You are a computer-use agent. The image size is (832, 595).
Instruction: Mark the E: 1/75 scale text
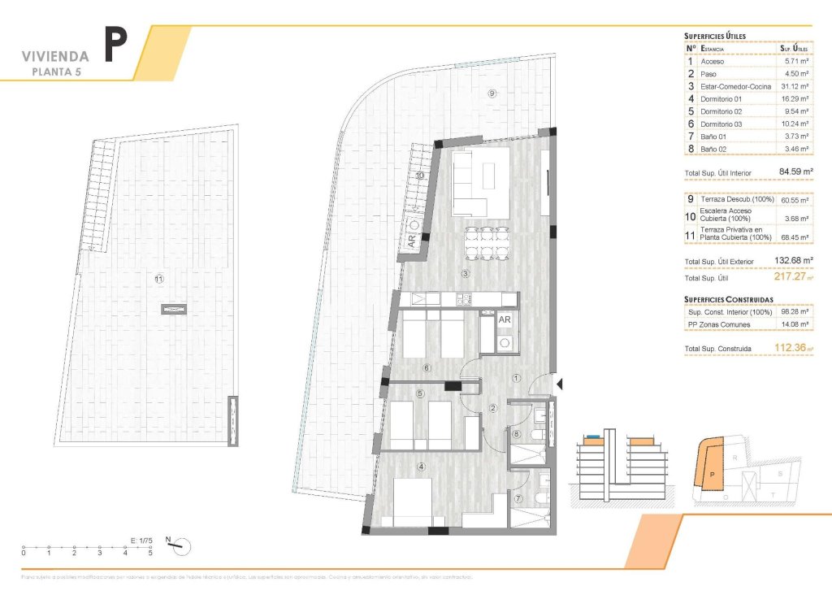(x=143, y=539)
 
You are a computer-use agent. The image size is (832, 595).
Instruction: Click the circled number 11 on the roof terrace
(x=159, y=279)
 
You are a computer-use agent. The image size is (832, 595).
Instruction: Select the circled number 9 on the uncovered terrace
(x=492, y=93)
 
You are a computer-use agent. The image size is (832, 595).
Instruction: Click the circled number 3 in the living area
(x=466, y=273)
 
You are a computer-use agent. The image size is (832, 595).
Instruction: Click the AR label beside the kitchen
(x=504, y=320)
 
